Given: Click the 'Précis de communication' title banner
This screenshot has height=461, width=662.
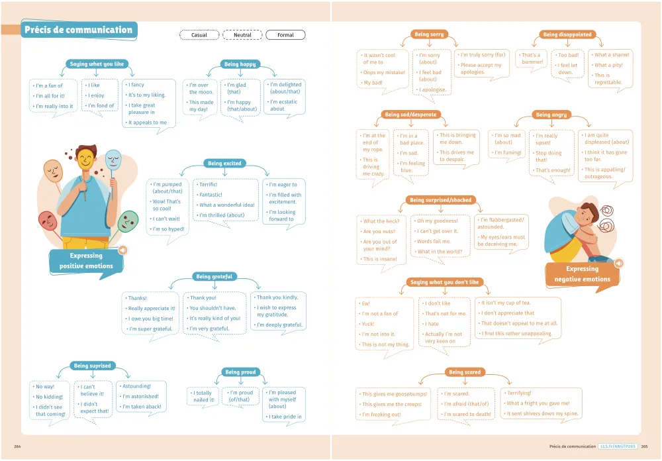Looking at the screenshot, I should pos(78,30).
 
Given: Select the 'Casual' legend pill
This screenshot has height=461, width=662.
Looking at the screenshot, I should pos(199,35).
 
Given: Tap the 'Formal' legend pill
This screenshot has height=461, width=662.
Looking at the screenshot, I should pos(285,35).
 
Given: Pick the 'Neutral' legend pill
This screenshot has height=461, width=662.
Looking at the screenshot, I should pos(242,35).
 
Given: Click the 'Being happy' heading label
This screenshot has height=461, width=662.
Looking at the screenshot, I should pos(240,64).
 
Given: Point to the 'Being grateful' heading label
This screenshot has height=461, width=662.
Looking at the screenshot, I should pos(213,276).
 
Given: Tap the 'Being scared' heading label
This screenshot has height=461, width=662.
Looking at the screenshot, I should pos(465,372).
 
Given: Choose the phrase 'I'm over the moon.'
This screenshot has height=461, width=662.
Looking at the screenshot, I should pos(200,89).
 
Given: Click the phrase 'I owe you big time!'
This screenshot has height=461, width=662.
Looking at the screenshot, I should pos(151,319).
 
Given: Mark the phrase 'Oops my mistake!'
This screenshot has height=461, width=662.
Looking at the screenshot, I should pos(383,72).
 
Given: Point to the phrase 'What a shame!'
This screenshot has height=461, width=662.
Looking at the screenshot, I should pos(612,55).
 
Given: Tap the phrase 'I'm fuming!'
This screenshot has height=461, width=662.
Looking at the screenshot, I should pos(508,152).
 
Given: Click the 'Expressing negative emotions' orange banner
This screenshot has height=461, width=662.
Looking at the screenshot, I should pos(582,274).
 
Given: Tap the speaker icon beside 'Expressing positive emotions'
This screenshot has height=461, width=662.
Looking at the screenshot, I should pos(122,250).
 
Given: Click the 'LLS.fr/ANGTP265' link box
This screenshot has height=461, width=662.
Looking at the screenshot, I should pos(618,447).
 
